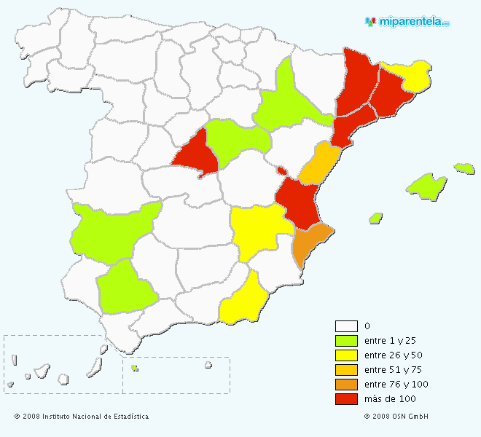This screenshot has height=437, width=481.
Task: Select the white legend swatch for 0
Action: click(346, 326)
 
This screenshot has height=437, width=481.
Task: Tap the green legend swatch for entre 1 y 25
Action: click(346, 341)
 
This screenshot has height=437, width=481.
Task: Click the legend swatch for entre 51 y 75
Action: click(346, 370)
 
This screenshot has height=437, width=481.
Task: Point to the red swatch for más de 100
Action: click(346, 399)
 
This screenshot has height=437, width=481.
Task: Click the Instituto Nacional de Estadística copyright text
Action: click(82, 417)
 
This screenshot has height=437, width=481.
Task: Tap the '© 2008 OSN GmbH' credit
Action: click(396, 417)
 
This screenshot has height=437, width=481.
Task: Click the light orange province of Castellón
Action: click(318, 165)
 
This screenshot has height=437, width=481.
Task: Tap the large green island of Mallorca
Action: click(426, 186)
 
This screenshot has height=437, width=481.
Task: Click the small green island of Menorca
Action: click(464, 168)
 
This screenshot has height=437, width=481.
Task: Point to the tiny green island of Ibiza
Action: click(376, 218)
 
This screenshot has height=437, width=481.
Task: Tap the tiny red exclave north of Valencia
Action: click(281, 171)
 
